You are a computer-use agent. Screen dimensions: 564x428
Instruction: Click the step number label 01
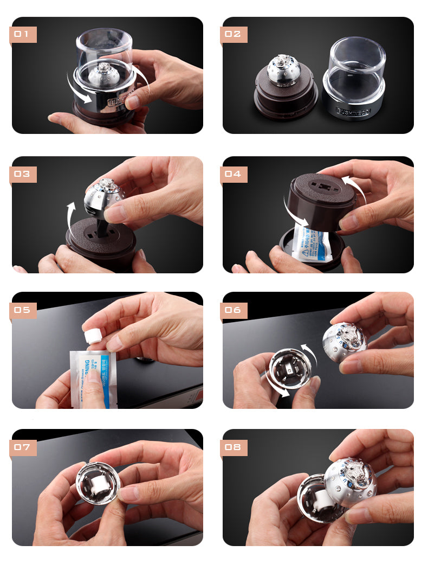click(x=23, y=35)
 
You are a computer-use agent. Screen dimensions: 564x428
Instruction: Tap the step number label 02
click(x=234, y=35)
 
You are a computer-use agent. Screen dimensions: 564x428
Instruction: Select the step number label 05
click(x=23, y=310)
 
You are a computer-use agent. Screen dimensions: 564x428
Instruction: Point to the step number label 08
click(x=234, y=448)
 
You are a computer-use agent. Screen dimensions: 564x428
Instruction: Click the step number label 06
click(x=234, y=310)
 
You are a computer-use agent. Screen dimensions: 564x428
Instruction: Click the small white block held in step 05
click(x=95, y=334)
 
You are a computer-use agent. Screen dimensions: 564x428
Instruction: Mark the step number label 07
click(x=23, y=448)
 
